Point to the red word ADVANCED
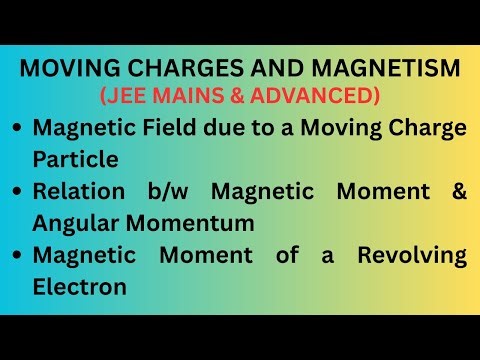tap(317, 96)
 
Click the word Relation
tap(81, 191)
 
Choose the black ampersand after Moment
tap(457, 191)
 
